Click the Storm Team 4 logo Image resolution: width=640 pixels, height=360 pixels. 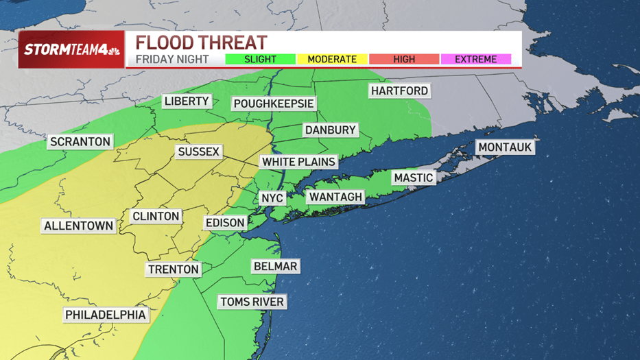(71, 50)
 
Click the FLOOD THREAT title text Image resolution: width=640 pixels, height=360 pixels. (200, 42)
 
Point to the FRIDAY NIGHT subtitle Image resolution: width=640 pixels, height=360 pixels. (172, 59)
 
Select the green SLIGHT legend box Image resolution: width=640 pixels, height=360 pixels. (261, 60)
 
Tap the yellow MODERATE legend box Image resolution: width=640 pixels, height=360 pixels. (332, 60)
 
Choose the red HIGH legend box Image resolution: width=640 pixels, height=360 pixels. (404, 60)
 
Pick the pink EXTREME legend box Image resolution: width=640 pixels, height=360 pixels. (475, 60)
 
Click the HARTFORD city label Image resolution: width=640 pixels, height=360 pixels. (399, 91)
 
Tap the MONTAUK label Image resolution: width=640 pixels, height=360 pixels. (505, 147)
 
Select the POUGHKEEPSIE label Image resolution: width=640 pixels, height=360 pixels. (274, 104)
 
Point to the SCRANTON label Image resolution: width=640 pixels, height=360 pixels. (80, 142)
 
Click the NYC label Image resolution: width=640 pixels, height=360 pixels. (272, 198)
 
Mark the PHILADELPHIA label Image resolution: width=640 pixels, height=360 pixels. (106, 315)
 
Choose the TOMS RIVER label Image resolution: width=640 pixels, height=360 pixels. (252, 302)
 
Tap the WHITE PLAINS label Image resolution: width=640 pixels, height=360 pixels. (299, 162)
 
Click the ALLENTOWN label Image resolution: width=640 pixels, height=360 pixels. (78, 226)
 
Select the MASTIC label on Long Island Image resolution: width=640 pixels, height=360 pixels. (413, 178)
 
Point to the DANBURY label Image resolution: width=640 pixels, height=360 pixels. (331, 130)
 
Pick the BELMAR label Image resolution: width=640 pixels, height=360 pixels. (275, 266)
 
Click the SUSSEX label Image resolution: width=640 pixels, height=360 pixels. (198, 152)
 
